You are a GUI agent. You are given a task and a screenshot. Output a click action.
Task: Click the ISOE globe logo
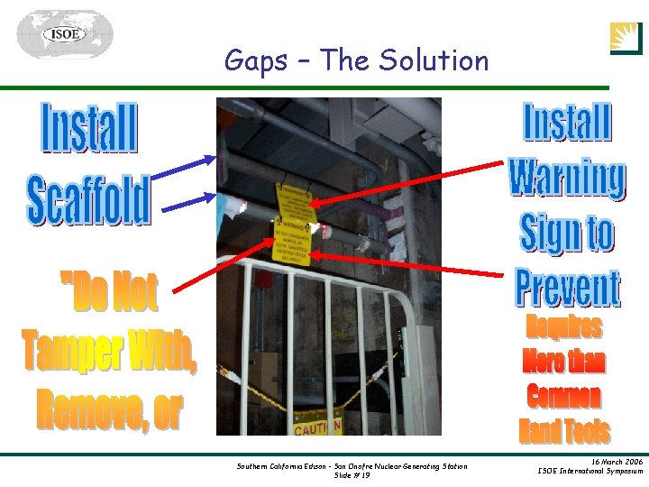pyautogui.click(x=64, y=34)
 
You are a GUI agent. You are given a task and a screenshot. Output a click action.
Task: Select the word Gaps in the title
pyautogui.click(x=255, y=61)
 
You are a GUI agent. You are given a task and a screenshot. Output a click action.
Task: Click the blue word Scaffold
pyautogui.click(x=88, y=200)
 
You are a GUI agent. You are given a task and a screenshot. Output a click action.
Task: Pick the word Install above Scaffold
pyautogui.click(x=89, y=129)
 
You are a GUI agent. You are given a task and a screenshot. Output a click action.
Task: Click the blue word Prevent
pyautogui.click(x=567, y=288)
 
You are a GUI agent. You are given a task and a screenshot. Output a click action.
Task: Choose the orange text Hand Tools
pyautogui.click(x=564, y=431)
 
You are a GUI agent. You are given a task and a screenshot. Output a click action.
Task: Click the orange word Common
pyautogui.click(x=563, y=397)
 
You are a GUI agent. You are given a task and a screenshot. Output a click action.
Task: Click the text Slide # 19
pyautogui.click(x=352, y=475)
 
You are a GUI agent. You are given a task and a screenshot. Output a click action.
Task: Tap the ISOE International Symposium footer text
pyautogui.click(x=590, y=471)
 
